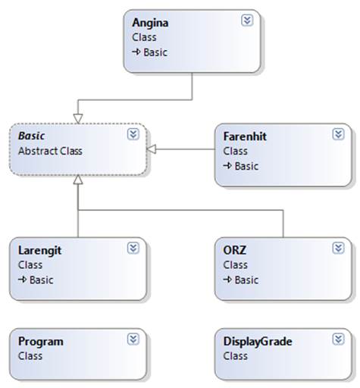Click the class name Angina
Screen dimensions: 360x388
(150, 23)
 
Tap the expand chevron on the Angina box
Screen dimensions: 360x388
(247, 20)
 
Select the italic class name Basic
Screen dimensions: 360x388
(32, 136)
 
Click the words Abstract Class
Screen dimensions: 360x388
(50, 151)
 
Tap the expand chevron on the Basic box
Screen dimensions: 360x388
(133, 134)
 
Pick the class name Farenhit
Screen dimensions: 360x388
(245, 136)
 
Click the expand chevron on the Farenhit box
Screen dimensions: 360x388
(338, 134)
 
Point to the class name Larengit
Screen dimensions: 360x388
(39, 251)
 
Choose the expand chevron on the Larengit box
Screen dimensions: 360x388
(133, 248)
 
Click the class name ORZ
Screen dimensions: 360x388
(235, 250)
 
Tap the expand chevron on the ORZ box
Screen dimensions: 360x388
(338, 248)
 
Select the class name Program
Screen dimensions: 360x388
(41, 342)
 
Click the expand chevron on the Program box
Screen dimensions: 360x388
(133, 339)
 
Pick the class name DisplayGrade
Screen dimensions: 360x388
(258, 342)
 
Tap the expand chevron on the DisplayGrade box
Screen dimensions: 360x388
(338, 339)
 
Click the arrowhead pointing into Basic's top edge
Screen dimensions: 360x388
(78, 119)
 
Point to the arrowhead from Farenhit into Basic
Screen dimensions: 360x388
(152, 149)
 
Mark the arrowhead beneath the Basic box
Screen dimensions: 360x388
(78, 180)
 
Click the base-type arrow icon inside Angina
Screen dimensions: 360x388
(136, 52)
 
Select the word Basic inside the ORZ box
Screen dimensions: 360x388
(246, 280)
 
